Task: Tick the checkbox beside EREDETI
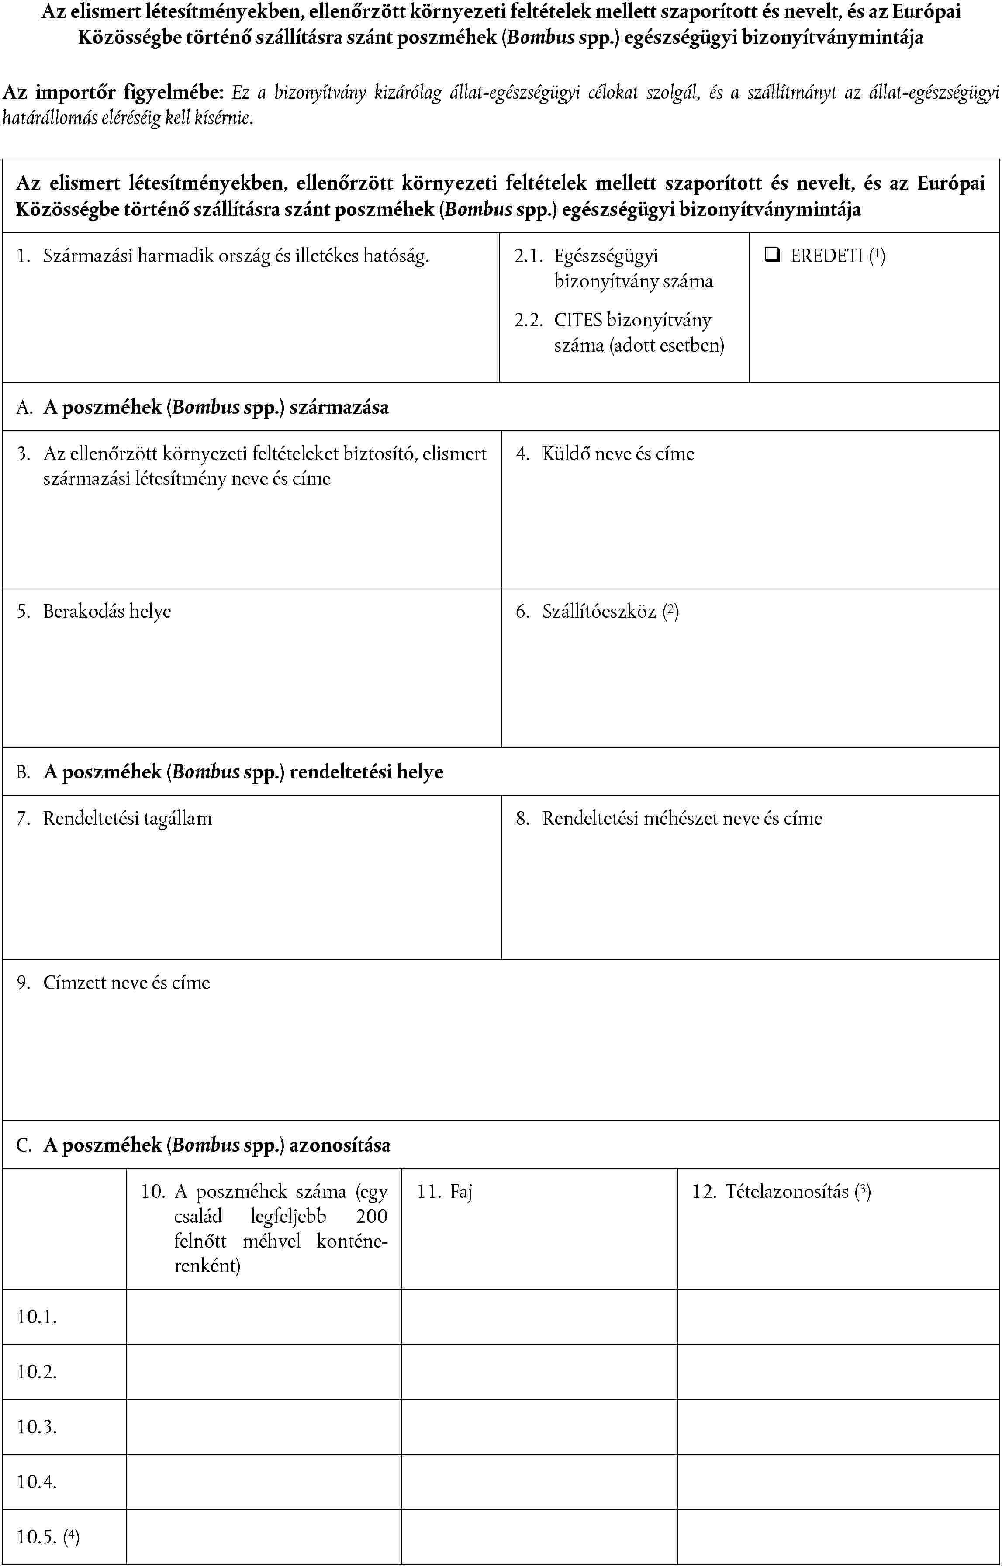(772, 256)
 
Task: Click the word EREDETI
(826, 256)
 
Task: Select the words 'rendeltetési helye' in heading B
(366, 772)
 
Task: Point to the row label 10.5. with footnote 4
(48, 1537)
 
